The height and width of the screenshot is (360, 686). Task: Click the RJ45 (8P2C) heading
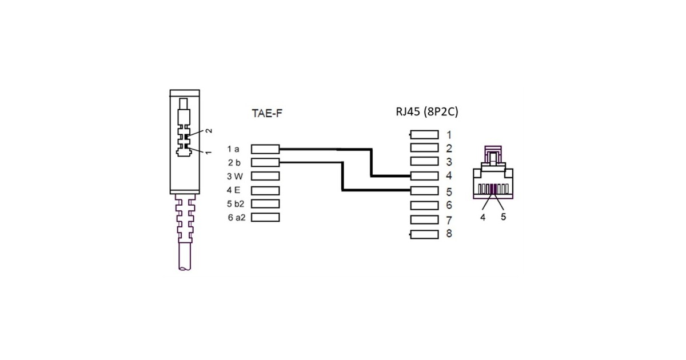click(427, 112)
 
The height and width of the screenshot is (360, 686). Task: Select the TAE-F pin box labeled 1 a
click(265, 149)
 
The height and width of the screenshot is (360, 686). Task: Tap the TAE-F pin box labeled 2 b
click(265, 163)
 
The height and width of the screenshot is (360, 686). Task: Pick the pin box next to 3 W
click(265, 176)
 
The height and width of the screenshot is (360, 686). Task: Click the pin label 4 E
click(233, 190)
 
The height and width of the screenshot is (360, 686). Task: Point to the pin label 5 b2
click(236, 204)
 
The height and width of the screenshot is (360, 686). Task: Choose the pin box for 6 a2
click(265, 217)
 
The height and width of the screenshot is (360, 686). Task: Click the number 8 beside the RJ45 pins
click(449, 234)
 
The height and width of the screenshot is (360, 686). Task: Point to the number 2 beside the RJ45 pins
click(449, 149)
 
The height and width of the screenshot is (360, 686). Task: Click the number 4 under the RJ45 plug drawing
click(483, 217)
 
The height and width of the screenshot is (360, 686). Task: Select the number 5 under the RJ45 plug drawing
click(504, 217)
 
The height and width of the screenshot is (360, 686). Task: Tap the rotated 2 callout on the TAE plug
click(209, 131)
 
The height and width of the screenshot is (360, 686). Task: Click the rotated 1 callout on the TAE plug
click(209, 153)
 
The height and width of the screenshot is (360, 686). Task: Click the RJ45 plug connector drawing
click(493, 174)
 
